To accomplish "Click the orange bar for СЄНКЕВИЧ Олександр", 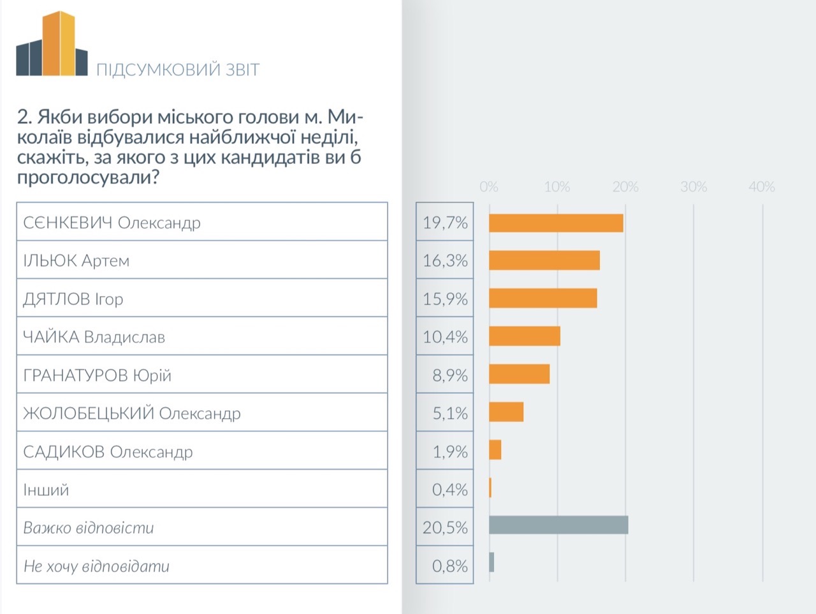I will click(556, 223).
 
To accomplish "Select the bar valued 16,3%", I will click(544, 260).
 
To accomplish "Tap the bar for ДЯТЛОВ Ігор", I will click(543, 299).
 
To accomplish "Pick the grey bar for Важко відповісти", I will click(558, 525).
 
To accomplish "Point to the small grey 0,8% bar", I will click(492, 562).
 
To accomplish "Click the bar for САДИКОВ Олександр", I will click(495, 450).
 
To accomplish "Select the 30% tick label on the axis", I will click(694, 187).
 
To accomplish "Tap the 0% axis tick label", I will click(489, 187).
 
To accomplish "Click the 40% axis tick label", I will click(762, 187).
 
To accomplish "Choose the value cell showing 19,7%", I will click(445, 223).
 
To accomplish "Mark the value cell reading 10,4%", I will click(445, 337).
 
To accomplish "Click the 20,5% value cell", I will click(445, 528).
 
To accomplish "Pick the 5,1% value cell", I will click(445, 414).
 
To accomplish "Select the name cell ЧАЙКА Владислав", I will click(94, 337).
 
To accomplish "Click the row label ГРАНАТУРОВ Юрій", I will click(97, 375).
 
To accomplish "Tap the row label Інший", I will click(46, 490).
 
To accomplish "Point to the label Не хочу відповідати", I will click(96, 566).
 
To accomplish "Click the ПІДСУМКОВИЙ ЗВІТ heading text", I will click(178, 70).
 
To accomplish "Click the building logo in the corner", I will click(52, 45).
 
